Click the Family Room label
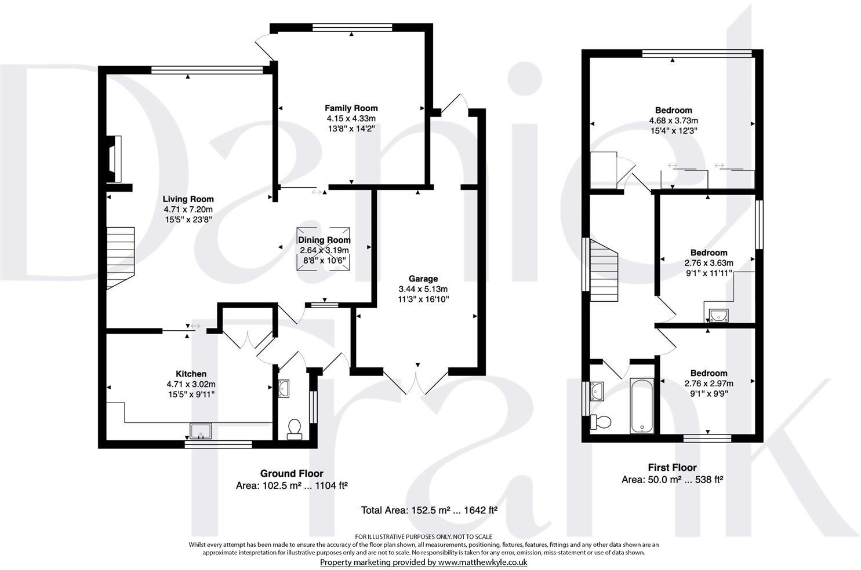click(x=351, y=108)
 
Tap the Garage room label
click(x=423, y=279)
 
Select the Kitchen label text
click(x=191, y=374)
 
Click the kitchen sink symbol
click(x=201, y=430)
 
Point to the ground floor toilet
click(x=295, y=429)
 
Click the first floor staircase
click(x=605, y=271)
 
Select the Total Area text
click(x=429, y=510)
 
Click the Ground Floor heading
click(x=292, y=473)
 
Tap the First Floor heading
click(x=671, y=467)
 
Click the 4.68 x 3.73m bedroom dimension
click(x=673, y=120)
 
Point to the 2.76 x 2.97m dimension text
click(x=708, y=383)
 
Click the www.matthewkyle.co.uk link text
click(x=482, y=562)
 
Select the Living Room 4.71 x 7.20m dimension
click(x=188, y=209)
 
